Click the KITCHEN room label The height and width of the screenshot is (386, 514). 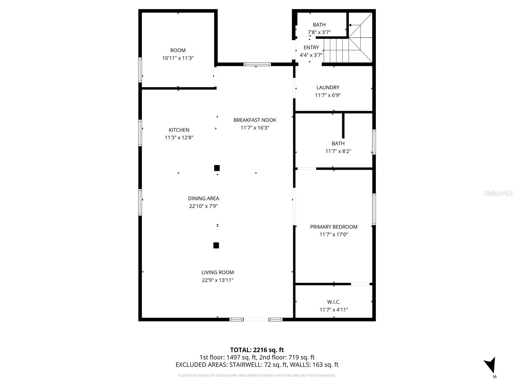pyautogui.click(x=179, y=130)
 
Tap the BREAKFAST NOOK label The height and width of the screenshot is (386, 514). pyautogui.click(x=255, y=120)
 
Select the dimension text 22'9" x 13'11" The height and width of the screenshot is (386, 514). pyautogui.click(x=217, y=280)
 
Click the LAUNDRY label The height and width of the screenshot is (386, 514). pyautogui.click(x=328, y=87)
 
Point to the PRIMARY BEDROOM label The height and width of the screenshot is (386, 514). pyautogui.click(x=333, y=227)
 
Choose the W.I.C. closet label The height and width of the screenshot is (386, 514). pyautogui.click(x=334, y=302)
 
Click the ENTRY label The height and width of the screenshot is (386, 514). pyautogui.click(x=311, y=48)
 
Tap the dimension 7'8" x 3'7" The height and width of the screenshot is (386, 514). pyautogui.click(x=319, y=32)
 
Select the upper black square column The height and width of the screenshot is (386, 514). pyautogui.click(x=217, y=168)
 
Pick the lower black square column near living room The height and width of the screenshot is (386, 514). pyautogui.click(x=216, y=245)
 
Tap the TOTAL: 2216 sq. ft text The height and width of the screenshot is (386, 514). pyautogui.click(x=257, y=350)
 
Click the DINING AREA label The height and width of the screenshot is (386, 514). pyautogui.click(x=203, y=198)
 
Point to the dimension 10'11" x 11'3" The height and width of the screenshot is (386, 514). pyautogui.click(x=178, y=58)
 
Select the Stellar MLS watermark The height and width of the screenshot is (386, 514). pyautogui.click(x=498, y=193)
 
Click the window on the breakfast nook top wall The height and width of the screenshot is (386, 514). pyautogui.click(x=257, y=64)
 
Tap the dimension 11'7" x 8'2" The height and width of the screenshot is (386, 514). pyautogui.click(x=338, y=151)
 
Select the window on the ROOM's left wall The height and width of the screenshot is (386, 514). pyautogui.click(x=140, y=70)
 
